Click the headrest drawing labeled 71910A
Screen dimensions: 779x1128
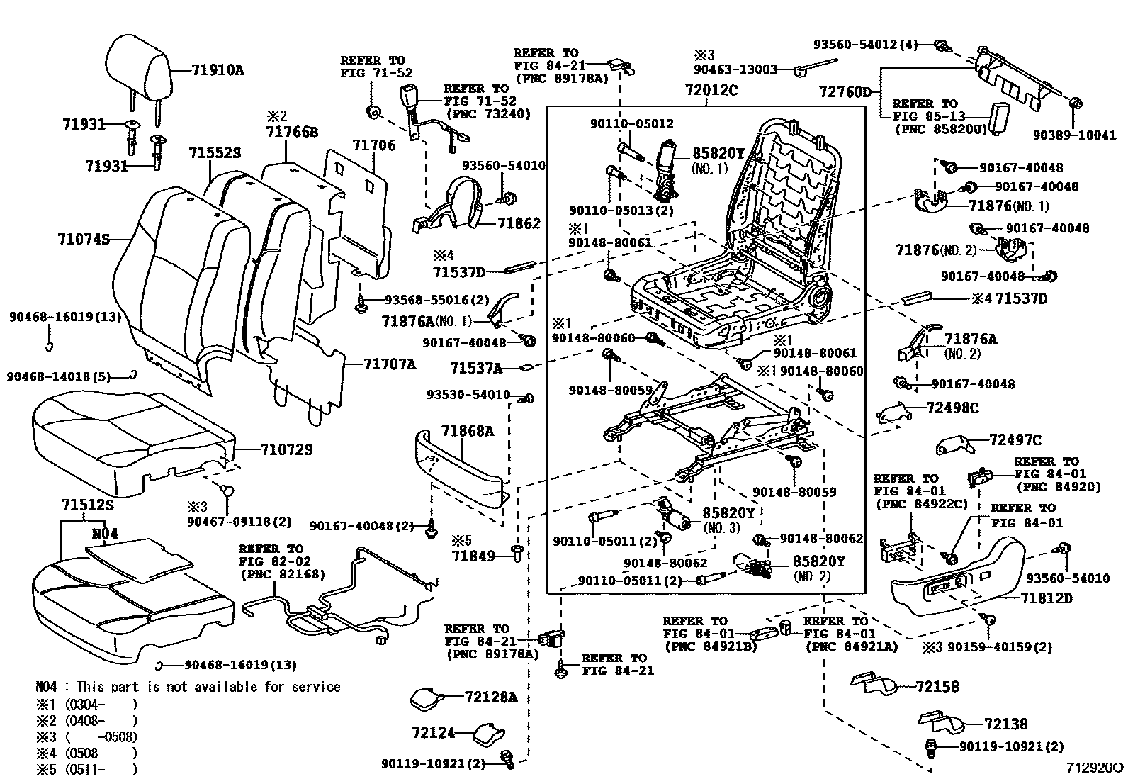pos(139,68)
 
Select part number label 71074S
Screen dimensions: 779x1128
pos(84,240)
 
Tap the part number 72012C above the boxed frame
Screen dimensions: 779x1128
pos(711,91)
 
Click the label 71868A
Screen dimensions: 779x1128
pos(468,431)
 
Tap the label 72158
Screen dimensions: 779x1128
pos(937,686)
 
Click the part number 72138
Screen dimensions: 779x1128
pos(1005,724)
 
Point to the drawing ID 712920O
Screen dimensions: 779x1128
pos(1095,768)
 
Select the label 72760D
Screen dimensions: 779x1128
pos(845,92)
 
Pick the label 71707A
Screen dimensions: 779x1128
pos(390,364)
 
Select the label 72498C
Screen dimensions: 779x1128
pos(953,408)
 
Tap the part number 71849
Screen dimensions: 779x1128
pos(474,556)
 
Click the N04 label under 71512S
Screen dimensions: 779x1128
pos(104,533)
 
